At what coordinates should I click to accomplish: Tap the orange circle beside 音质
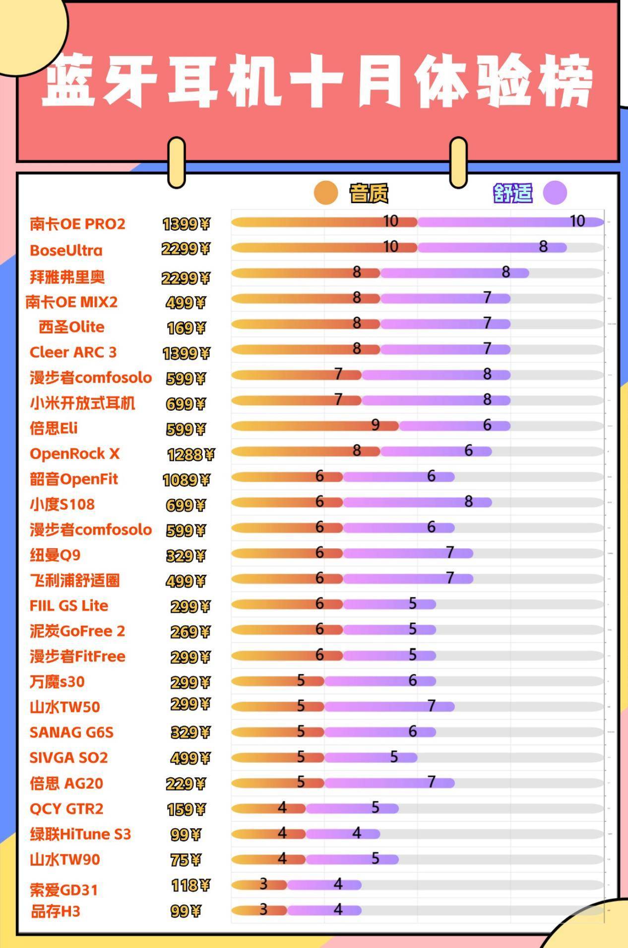tap(326, 193)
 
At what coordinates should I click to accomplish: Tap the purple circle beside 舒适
tap(555, 193)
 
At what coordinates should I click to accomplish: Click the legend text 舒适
tap(513, 193)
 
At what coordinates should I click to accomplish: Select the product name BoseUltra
tap(66, 250)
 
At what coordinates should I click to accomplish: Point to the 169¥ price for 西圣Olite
tap(186, 328)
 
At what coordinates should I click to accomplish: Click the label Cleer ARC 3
tap(73, 352)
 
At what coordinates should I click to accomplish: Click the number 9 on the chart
tap(376, 425)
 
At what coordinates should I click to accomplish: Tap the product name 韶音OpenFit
tap(74, 479)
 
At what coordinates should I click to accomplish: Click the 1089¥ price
tap(187, 480)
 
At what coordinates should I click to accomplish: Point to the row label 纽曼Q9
tap(55, 555)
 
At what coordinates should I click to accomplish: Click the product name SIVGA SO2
tap(68, 757)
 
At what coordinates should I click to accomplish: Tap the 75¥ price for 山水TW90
tap(186, 860)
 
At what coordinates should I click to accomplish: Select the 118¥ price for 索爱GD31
tap(191, 884)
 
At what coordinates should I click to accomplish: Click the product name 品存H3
tap(55, 911)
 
